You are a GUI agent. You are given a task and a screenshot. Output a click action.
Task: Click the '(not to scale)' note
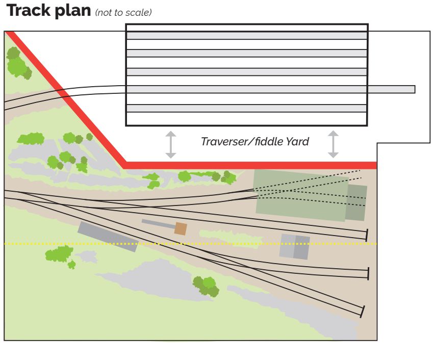pyautogui.click(x=123, y=13)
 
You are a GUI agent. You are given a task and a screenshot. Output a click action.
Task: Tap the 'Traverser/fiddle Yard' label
pyautogui.click(x=254, y=141)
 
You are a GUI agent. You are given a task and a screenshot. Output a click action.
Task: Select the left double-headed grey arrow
pyautogui.click(x=171, y=144)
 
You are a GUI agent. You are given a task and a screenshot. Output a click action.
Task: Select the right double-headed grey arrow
pyautogui.click(x=333, y=144)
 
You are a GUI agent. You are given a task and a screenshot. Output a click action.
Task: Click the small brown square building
pyautogui.click(x=181, y=228)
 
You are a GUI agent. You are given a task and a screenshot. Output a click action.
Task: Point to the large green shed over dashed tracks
pyautogui.click(x=301, y=195)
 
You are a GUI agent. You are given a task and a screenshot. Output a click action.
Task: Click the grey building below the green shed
pyautogui.click(x=294, y=246)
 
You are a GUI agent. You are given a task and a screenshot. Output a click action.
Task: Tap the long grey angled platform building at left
pyautogui.click(x=108, y=237)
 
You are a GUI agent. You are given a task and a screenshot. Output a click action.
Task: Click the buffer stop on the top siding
pyautogui.click(x=367, y=235)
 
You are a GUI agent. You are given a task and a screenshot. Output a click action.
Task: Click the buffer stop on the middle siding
pyautogui.click(x=368, y=273)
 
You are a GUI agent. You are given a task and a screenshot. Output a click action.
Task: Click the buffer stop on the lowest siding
pyautogui.click(x=362, y=311)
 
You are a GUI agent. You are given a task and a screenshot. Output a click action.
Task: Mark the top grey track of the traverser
pyautogui.click(x=247, y=35)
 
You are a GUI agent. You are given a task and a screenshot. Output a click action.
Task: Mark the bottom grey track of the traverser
pyautogui.click(x=247, y=108)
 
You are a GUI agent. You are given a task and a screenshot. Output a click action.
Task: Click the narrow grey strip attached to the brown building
pyautogui.click(x=158, y=223)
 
